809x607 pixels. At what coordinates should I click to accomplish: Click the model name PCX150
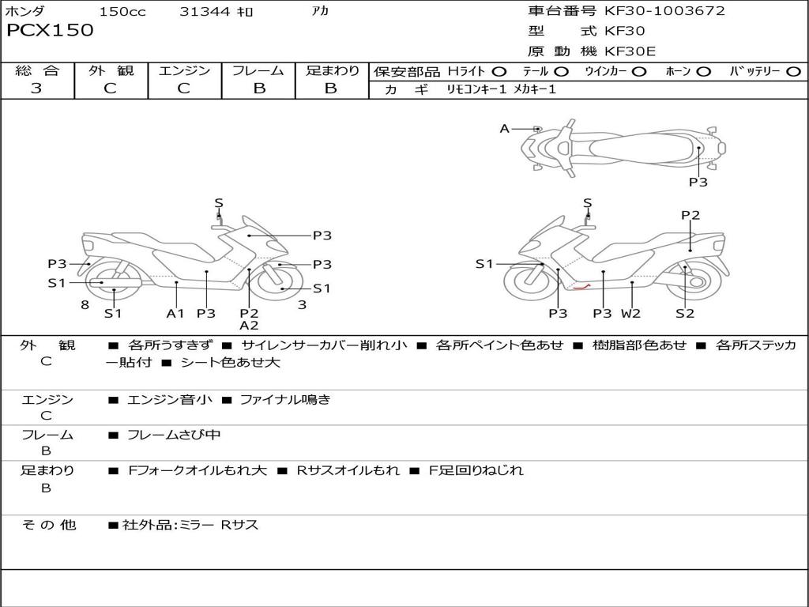(x=50, y=30)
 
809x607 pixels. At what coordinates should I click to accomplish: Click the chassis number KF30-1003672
(x=664, y=10)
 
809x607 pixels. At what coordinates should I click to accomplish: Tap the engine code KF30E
(x=630, y=51)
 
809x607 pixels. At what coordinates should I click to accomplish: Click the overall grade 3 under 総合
(x=36, y=88)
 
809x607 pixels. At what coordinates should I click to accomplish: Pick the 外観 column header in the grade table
(x=111, y=70)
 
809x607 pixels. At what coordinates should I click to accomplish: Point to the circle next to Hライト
(x=499, y=72)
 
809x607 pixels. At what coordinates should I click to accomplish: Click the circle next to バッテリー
(x=793, y=72)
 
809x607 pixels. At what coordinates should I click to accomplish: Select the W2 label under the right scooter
(x=630, y=313)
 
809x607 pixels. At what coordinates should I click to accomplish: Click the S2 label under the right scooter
(x=685, y=313)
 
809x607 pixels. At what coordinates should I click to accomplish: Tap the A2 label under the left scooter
(x=249, y=326)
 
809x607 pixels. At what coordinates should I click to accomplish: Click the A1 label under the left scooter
(x=175, y=313)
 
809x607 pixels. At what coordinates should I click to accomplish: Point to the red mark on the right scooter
(x=581, y=287)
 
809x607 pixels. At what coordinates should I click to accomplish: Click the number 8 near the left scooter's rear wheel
(x=85, y=305)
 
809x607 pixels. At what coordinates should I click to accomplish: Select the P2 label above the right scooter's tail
(x=690, y=215)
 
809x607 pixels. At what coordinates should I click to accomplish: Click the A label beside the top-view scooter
(x=505, y=129)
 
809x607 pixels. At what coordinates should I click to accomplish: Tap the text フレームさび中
(x=174, y=435)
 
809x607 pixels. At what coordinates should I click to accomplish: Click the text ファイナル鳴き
(x=285, y=399)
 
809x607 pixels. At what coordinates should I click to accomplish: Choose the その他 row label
(x=48, y=525)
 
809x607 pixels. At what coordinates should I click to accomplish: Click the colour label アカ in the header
(x=320, y=11)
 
